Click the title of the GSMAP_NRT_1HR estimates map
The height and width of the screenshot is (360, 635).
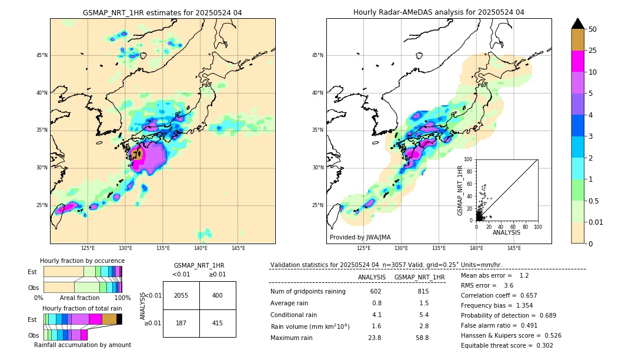[162, 12]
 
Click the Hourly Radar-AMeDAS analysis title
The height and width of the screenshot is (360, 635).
[439, 12]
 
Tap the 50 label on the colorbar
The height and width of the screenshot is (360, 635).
[593, 29]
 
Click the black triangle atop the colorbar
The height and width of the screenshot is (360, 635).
[578, 24]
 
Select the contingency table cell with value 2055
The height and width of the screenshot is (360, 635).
[181, 295]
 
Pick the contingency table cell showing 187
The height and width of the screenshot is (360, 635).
[181, 324]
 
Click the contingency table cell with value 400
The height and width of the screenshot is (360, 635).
[218, 295]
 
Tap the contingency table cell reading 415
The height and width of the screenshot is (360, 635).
[218, 324]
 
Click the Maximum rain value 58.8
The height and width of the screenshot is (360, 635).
[422, 338]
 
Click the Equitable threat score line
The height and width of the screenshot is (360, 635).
[507, 345]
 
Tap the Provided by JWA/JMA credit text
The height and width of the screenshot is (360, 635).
[360, 238]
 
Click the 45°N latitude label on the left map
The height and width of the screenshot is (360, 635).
[42, 55]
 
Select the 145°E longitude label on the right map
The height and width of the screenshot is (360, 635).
[514, 249]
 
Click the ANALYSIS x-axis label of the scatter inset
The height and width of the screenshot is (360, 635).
[506, 232]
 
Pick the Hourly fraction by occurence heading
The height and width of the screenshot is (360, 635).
[82, 261]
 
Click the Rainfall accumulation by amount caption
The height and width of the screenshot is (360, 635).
[82, 345]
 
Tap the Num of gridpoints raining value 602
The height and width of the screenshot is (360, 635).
[376, 292]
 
